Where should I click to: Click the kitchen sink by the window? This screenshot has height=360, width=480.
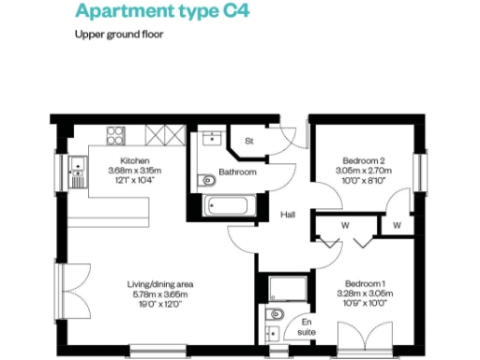pos(78,170)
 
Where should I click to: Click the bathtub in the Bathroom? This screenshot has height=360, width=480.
pos(226,207)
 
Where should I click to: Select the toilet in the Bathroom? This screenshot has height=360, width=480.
pos(208,180)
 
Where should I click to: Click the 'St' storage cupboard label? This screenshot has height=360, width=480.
pos(249,142)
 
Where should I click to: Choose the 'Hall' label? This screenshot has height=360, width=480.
pos(289,215)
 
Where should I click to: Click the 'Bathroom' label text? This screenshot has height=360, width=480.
pos(238,172)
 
